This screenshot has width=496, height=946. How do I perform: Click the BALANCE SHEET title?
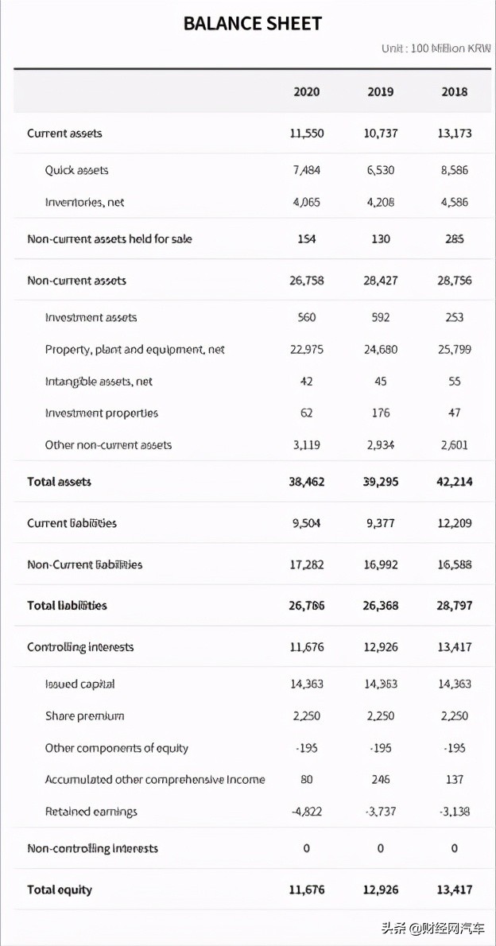[252, 24]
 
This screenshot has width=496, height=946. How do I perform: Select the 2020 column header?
[306, 92]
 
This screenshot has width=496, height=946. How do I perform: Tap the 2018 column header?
[455, 92]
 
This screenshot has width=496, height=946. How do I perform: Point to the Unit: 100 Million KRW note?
[436, 49]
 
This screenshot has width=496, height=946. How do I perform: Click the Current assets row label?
[64, 134]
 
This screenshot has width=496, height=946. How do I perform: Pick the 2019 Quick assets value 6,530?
[381, 170]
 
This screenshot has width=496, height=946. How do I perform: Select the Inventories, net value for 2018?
[455, 202]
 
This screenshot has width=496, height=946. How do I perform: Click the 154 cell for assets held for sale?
[306, 239]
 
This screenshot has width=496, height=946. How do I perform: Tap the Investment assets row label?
[91, 317]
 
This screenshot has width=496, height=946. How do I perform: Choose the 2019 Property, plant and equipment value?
[381, 350]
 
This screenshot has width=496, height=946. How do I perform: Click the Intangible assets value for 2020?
[306, 382]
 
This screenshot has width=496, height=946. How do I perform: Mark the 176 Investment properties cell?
[381, 413]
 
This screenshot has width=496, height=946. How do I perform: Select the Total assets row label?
[59, 482]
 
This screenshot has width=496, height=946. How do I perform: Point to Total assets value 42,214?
[455, 482]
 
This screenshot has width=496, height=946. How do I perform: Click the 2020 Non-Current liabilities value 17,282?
[306, 564]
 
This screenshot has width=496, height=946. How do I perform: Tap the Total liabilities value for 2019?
[381, 606]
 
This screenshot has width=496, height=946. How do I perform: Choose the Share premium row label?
[84, 716]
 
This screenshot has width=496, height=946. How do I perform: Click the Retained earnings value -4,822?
[306, 812]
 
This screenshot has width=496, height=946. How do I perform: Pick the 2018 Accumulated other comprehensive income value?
[455, 780]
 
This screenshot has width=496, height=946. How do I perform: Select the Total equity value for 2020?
[306, 890]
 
